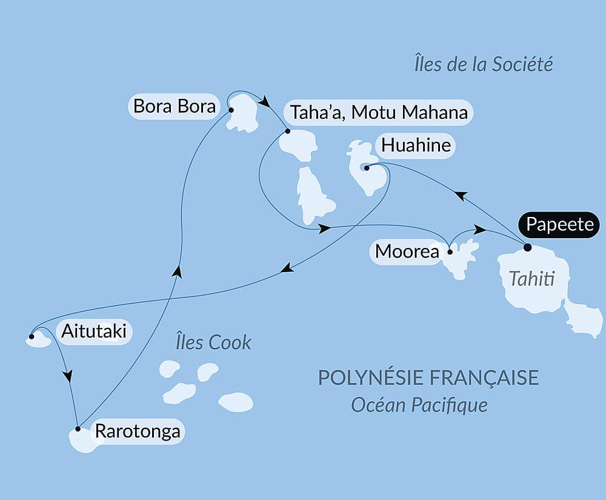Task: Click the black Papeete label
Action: click(x=559, y=224)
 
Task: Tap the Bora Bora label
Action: click(x=175, y=107)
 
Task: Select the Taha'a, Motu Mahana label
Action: click(x=379, y=112)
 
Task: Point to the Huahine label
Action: click(x=415, y=145)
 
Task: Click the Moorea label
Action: click(x=407, y=251)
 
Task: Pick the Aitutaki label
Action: click(x=95, y=331)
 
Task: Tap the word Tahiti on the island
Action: click(x=531, y=279)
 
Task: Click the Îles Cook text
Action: click(x=213, y=342)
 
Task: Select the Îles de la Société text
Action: click(x=484, y=64)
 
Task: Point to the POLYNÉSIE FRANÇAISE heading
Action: click(x=428, y=377)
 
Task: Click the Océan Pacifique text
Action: click(x=419, y=404)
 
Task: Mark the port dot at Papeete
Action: click(x=527, y=247)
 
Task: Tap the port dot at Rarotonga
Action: click(x=78, y=429)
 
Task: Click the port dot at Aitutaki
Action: click(x=31, y=335)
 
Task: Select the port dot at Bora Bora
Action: click(x=231, y=110)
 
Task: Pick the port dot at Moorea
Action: click(x=450, y=251)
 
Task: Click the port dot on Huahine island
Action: click(x=367, y=168)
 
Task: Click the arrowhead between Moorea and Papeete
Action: click(x=480, y=230)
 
